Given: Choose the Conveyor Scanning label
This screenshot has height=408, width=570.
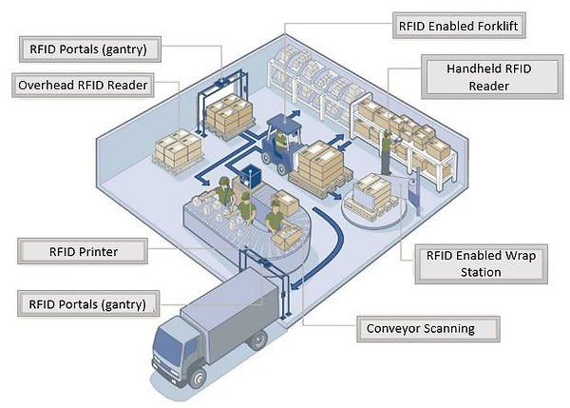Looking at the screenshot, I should click(x=419, y=329).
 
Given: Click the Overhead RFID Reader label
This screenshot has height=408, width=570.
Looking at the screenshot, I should click(x=84, y=86).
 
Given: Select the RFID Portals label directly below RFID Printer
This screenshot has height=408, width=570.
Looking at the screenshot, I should click(x=84, y=304).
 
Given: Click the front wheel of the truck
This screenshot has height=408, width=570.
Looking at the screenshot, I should click(x=199, y=379).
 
